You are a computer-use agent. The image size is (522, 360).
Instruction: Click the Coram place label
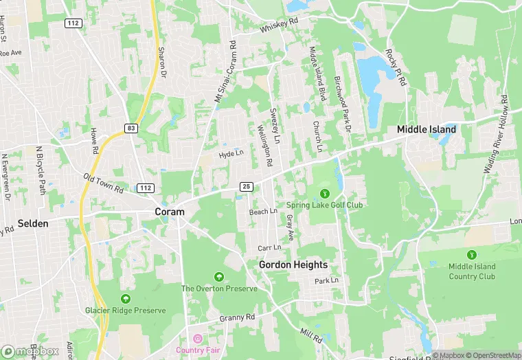tap(169, 212)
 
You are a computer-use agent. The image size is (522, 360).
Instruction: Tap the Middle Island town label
tap(427, 129)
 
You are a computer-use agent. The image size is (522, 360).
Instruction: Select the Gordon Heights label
tap(293, 265)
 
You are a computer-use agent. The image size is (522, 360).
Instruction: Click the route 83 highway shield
tap(130, 128)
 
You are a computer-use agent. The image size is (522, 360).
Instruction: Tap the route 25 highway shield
tap(246, 186)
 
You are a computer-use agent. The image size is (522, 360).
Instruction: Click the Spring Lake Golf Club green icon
tap(324, 193)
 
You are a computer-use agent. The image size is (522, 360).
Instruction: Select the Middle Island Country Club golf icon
tap(472, 255)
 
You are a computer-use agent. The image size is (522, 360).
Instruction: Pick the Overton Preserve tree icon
tap(218, 277)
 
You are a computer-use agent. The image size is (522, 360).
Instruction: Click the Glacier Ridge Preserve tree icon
tap(126, 299)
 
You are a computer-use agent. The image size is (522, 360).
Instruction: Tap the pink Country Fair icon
tap(198, 339)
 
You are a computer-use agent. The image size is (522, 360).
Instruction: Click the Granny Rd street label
tap(237, 317)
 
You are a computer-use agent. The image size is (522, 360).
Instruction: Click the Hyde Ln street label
tap(231, 155)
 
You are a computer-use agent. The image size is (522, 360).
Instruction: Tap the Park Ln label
tap(327, 281)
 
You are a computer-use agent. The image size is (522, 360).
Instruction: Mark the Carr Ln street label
tap(269, 247)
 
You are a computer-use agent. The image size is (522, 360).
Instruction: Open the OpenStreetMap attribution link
tap(492, 355)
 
